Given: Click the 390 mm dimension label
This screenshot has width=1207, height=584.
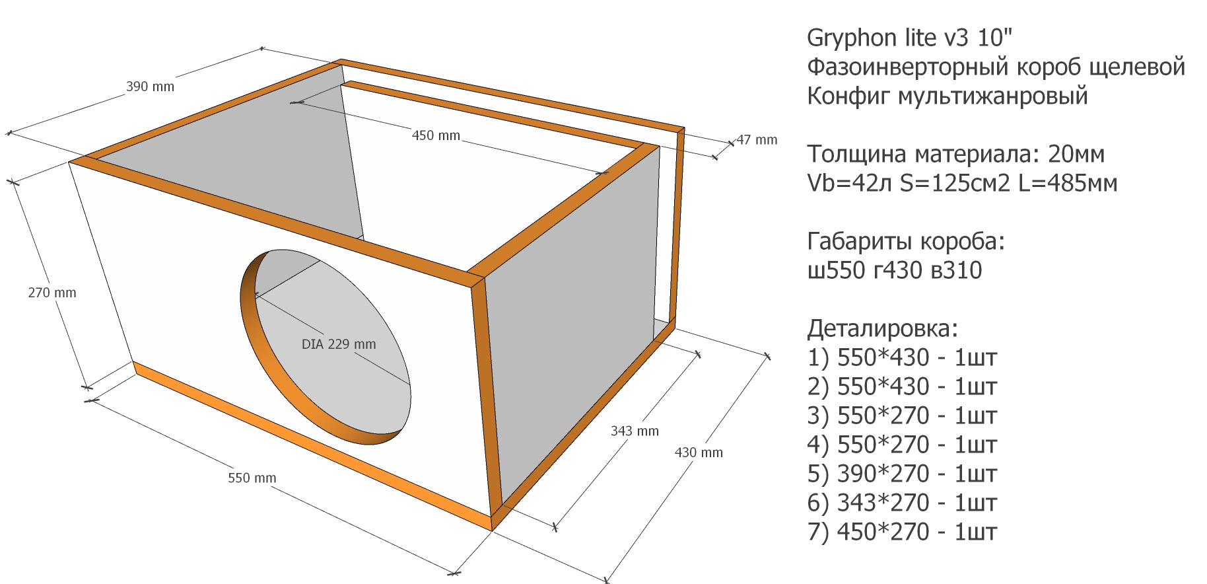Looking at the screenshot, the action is click(150, 87).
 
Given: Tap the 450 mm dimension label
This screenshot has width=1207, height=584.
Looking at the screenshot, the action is click(436, 135).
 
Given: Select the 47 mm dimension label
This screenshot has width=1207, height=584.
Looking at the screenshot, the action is click(757, 140).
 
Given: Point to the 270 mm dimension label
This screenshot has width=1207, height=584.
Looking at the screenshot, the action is click(52, 293).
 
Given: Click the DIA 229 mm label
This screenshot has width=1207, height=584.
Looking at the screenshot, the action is click(339, 344).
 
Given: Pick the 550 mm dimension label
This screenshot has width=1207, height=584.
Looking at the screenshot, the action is click(252, 478).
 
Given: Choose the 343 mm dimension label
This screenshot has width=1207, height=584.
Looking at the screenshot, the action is click(635, 431).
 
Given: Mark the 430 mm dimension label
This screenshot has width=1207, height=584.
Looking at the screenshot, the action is click(699, 453).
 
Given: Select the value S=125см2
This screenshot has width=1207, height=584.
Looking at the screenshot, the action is click(955, 183).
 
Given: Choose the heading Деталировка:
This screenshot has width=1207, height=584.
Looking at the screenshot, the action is click(883, 329).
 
